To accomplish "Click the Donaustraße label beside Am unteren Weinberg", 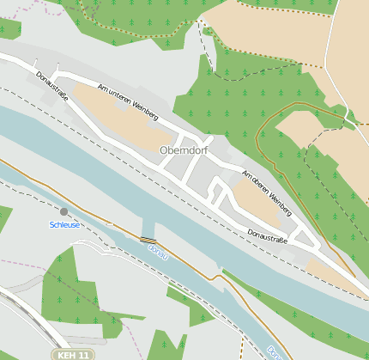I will coord(52,86).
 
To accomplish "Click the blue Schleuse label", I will coord(65,224).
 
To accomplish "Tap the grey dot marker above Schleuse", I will coord(64,211).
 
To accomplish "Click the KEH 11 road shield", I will coord(74,354).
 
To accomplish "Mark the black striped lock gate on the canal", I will coord(148,240).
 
